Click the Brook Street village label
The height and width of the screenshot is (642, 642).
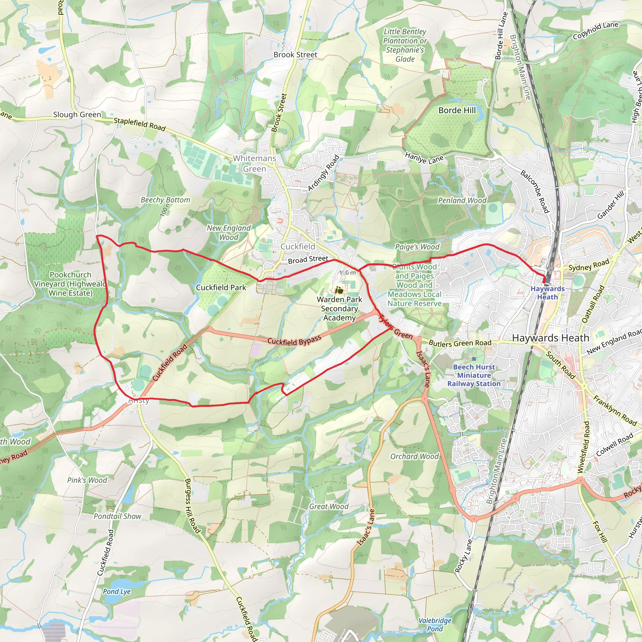coord(295,55)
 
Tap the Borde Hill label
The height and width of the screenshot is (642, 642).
coord(457,110)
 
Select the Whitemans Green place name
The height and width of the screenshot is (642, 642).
coord(254,164)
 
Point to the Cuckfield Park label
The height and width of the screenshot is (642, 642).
coord(221,287)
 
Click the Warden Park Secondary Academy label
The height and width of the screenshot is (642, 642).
coord(339,308)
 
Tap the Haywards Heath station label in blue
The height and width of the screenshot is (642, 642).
coord(547,293)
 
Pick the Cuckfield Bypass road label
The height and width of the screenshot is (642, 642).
coord(294,340)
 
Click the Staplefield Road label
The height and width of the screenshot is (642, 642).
coord(139,124)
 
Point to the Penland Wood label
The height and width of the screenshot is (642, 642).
coord(462,200)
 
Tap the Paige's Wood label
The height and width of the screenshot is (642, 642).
coord(417,247)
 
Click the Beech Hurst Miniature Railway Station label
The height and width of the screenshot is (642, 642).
coord(474,375)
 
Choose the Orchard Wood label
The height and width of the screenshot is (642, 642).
coord(414,456)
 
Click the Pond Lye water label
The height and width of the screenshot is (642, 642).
coord(117,592)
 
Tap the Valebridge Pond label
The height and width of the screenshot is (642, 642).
coord(435,625)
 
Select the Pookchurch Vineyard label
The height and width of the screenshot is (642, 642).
coord(71,284)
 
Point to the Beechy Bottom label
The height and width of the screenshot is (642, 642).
coord(165,200)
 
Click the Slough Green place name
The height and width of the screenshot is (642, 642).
coord(77,115)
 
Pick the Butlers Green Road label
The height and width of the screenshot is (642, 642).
coord(460,343)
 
